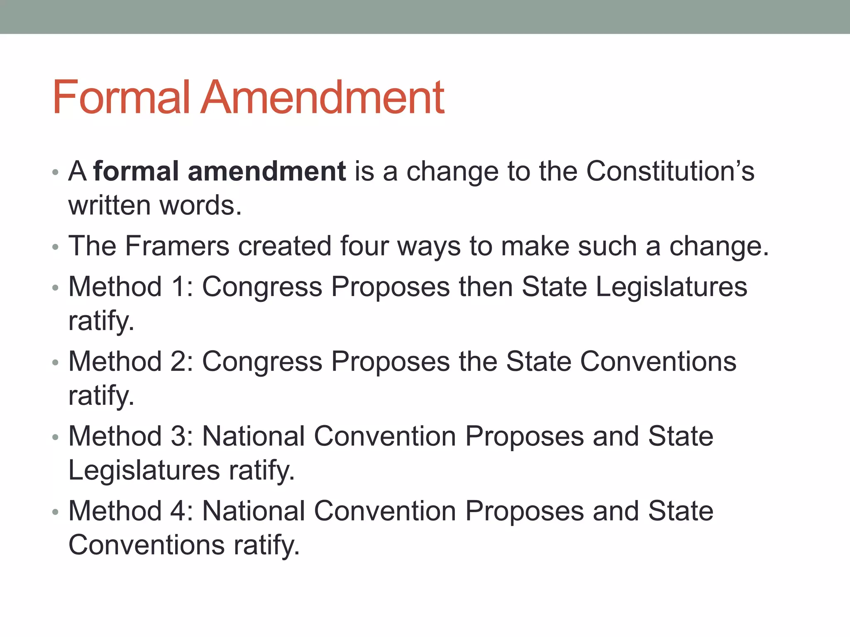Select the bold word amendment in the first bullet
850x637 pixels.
coord(266,171)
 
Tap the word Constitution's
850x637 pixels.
coord(670,171)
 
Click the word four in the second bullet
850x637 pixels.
coord(364,246)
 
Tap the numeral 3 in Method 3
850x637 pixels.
coord(179,436)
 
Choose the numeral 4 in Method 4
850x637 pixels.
coord(179,511)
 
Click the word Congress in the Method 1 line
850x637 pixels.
coord(262,287)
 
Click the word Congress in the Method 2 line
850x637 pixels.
coord(262,361)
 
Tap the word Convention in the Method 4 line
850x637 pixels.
coord(385,511)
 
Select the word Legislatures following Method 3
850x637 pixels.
coord(144,470)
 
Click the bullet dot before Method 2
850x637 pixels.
coord(56,363)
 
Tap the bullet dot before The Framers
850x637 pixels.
coord(56,247)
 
